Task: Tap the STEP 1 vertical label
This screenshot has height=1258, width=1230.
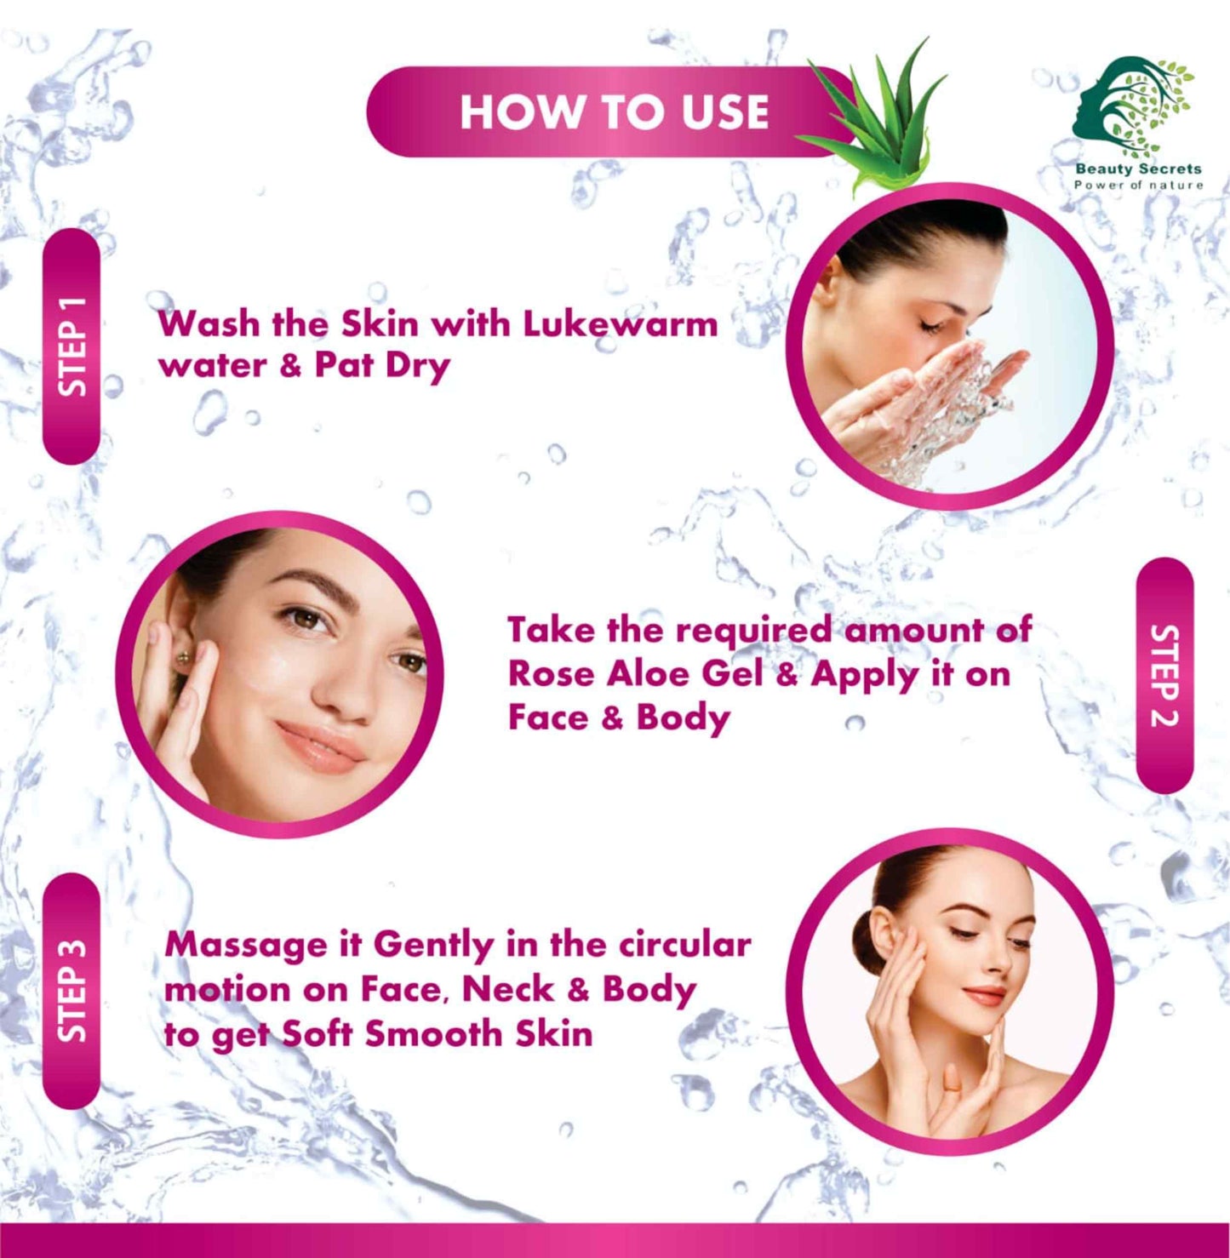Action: point(72,346)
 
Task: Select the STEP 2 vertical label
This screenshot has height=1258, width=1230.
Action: point(1164,674)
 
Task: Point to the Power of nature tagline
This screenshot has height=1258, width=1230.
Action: point(1139,186)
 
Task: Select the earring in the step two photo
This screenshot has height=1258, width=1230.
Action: point(185,657)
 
